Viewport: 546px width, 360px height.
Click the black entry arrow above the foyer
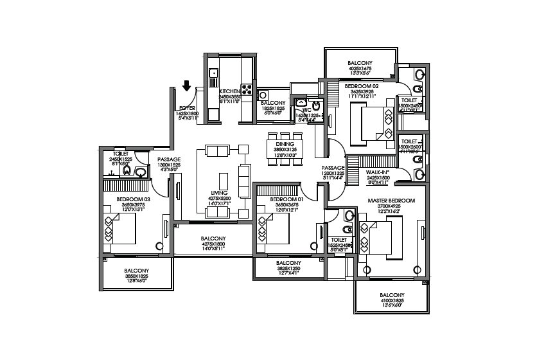187,85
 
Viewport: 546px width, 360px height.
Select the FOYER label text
187,107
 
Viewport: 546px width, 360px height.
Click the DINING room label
285,144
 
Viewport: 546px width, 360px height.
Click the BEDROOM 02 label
361,85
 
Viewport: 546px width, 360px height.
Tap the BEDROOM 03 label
133,199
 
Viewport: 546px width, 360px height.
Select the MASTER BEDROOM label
391,201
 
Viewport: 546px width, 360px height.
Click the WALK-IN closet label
376,172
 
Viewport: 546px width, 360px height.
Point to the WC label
306,110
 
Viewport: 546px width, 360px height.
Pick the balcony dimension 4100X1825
391,300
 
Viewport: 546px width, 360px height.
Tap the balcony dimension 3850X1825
136,276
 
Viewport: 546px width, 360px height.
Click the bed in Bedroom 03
120,230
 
